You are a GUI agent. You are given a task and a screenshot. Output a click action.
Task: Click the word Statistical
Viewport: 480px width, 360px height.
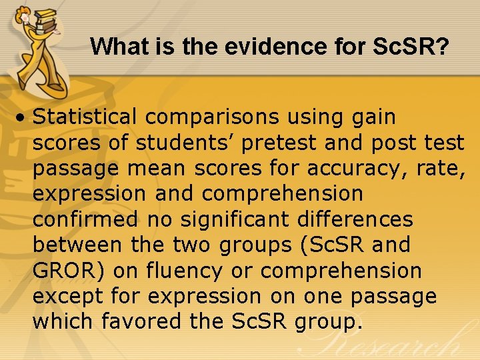pyautogui.click(x=84, y=117)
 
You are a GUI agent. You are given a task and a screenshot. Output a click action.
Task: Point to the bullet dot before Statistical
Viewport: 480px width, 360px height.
pyautogui.click(x=23, y=118)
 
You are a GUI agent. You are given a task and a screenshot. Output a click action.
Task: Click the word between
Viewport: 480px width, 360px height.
pyautogui.click(x=77, y=245)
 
